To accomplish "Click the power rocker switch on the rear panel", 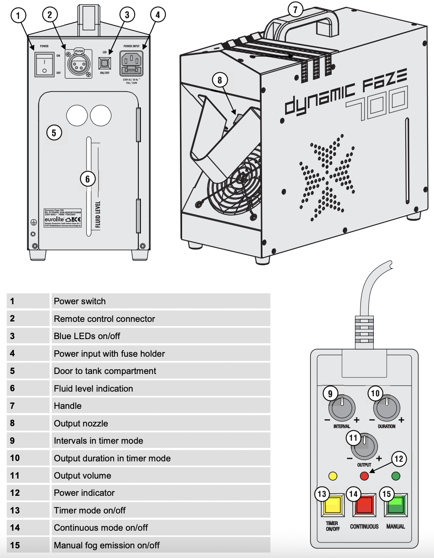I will [x=45, y=65].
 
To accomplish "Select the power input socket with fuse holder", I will [x=131, y=63].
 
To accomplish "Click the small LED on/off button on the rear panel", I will [x=104, y=63].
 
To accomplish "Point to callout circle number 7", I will [x=295, y=9].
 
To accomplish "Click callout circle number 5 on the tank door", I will [x=54, y=133].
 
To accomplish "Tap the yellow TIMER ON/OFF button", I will [x=333, y=505].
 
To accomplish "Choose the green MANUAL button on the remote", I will [x=396, y=505].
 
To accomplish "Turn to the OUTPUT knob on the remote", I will [x=365, y=447].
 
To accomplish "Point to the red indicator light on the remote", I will [x=365, y=476].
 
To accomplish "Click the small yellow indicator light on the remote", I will [x=333, y=476].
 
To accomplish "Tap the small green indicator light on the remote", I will [x=396, y=476].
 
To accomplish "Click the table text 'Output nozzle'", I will [x=81, y=424].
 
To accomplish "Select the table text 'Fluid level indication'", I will [x=93, y=389].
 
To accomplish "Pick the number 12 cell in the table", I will [x=15, y=493].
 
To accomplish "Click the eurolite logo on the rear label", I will [x=54, y=219].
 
